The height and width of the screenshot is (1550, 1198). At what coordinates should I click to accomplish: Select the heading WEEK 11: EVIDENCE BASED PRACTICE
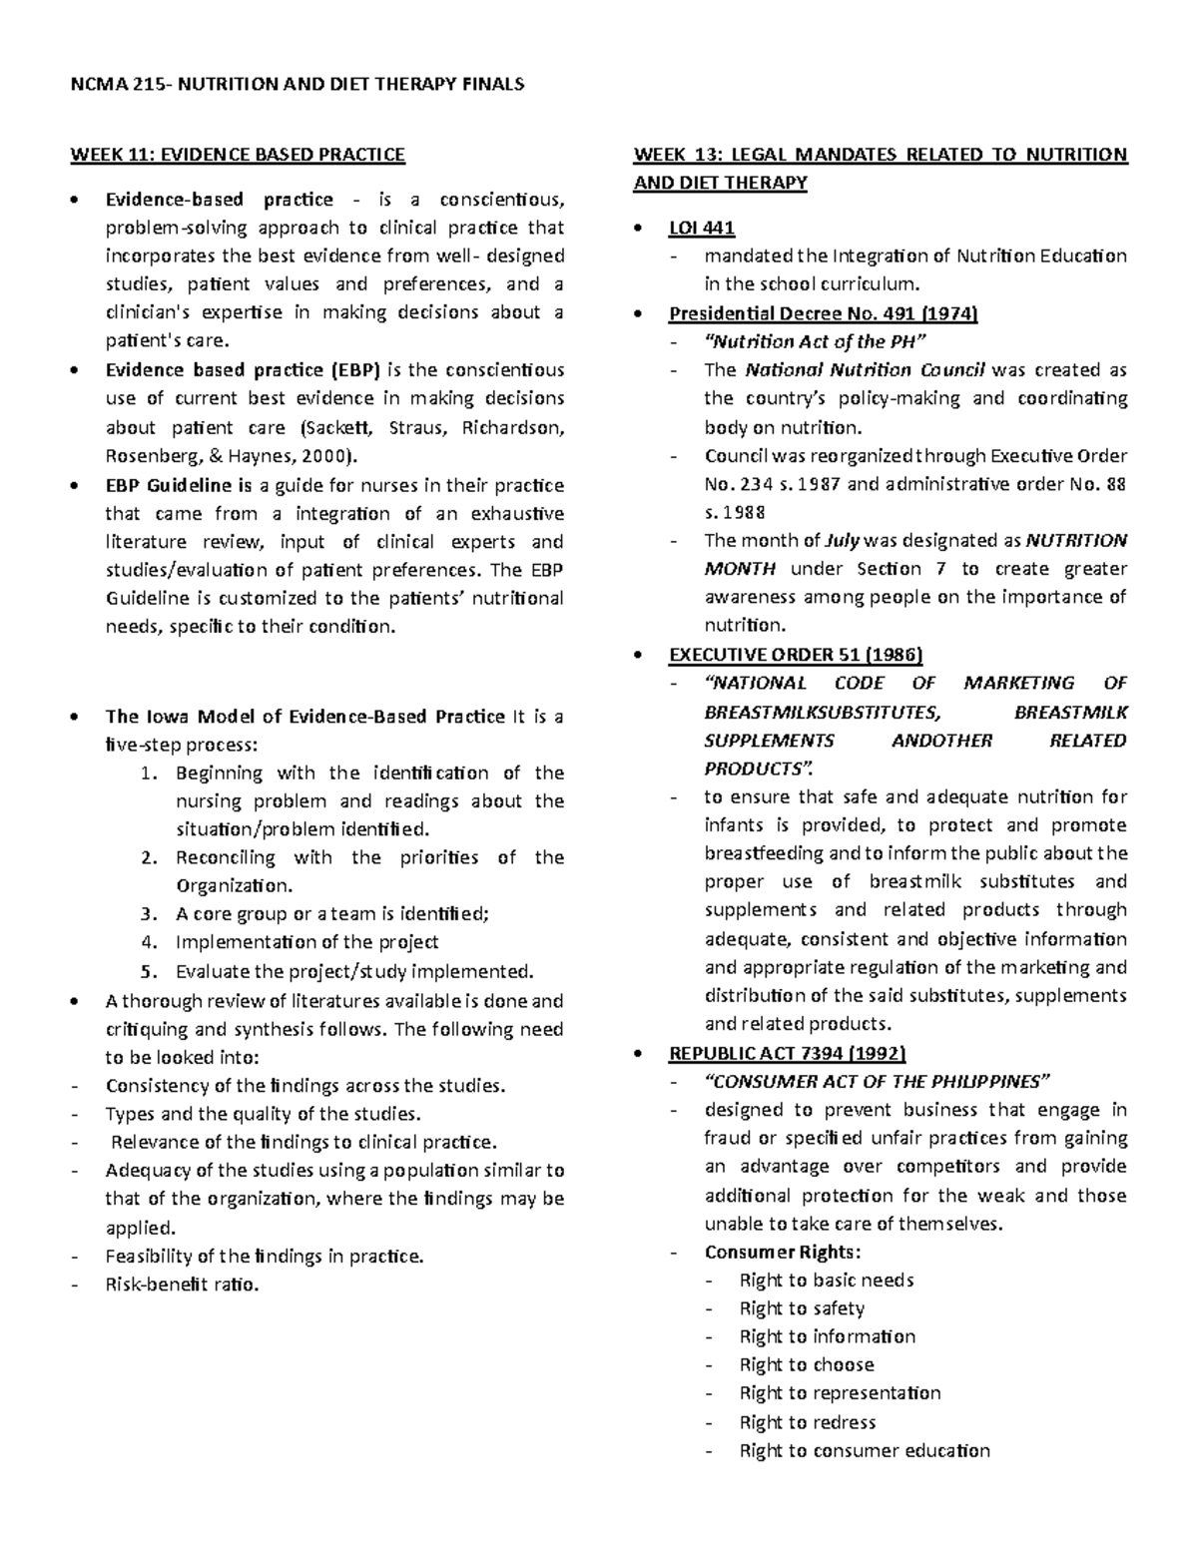[237, 155]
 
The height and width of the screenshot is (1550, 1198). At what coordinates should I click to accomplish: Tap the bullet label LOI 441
[701, 228]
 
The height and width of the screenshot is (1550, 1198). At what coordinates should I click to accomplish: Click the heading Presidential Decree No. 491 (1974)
[823, 313]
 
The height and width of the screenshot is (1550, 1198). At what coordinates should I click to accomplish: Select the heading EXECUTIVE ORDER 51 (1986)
[796, 655]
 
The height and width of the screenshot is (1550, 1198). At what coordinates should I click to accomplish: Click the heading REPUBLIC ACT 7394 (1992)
[787, 1053]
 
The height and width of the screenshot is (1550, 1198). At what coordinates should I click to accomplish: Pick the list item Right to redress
[807, 1422]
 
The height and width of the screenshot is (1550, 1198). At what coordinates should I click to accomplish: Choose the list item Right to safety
[802, 1308]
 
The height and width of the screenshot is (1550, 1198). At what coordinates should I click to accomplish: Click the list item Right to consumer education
[865, 1451]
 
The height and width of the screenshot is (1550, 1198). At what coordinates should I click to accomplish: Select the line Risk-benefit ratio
[182, 1285]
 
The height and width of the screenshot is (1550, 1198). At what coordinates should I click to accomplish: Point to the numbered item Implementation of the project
[306, 942]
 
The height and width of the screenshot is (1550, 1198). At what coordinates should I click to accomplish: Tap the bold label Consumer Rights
[782, 1252]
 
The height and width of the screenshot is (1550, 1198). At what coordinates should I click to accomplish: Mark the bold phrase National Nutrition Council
[866, 370]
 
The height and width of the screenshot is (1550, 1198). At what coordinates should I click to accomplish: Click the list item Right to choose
[807, 1364]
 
